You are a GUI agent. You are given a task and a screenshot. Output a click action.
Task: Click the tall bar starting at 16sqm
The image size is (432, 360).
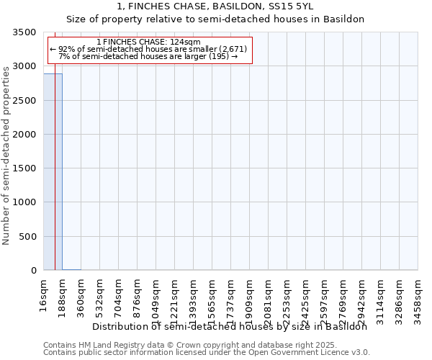[x=53, y=173]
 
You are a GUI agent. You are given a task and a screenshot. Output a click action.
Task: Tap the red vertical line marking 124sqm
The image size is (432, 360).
[x=55, y=180]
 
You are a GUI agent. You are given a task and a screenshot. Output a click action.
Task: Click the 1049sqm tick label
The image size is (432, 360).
[x=156, y=296]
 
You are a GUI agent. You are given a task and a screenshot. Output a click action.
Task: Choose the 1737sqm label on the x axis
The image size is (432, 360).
[x=231, y=296]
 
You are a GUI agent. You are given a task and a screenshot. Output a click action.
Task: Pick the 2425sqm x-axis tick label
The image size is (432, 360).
[x=306, y=296]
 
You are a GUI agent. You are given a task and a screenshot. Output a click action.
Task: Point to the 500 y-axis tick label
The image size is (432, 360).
[x=28, y=237]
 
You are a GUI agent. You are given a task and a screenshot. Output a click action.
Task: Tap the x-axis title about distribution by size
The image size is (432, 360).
[x=230, y=326]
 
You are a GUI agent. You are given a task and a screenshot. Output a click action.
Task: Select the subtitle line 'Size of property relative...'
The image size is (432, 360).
[x=215, y=19]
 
